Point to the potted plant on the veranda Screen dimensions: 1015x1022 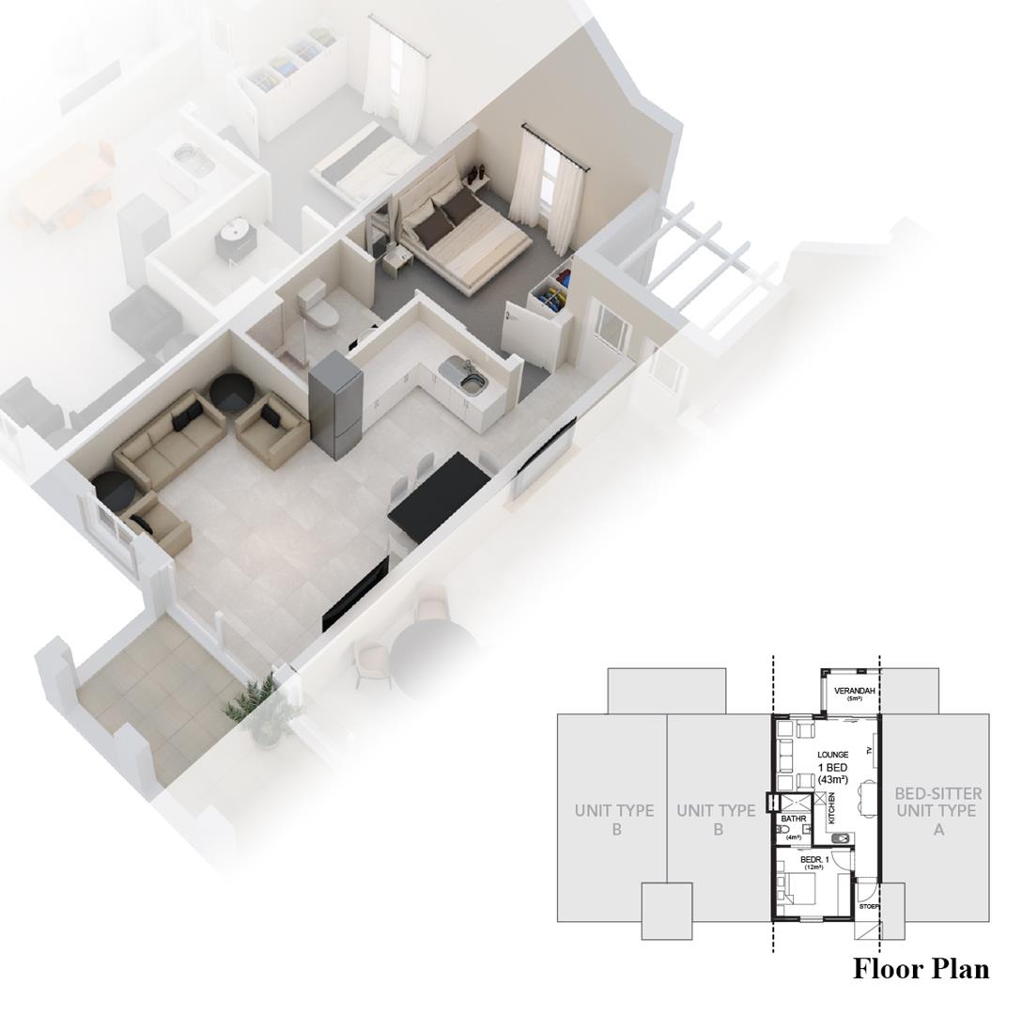point(261,708)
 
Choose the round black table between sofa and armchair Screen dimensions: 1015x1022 point(229,392)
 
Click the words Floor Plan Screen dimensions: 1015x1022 point(921,969)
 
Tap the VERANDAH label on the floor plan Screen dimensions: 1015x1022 point(855,691)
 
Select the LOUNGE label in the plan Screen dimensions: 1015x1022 point(832,755)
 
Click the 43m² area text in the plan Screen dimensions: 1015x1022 point(833,780)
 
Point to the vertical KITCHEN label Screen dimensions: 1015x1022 point(831,808)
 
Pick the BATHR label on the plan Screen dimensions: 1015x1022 point(794,820)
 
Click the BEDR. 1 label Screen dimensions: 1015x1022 point(813,859)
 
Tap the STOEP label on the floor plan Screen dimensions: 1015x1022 point(868,907)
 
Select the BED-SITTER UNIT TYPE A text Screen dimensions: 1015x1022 point(937,810)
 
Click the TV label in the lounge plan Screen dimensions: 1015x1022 point(870,750)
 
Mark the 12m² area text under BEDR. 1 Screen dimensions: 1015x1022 point(813,867)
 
